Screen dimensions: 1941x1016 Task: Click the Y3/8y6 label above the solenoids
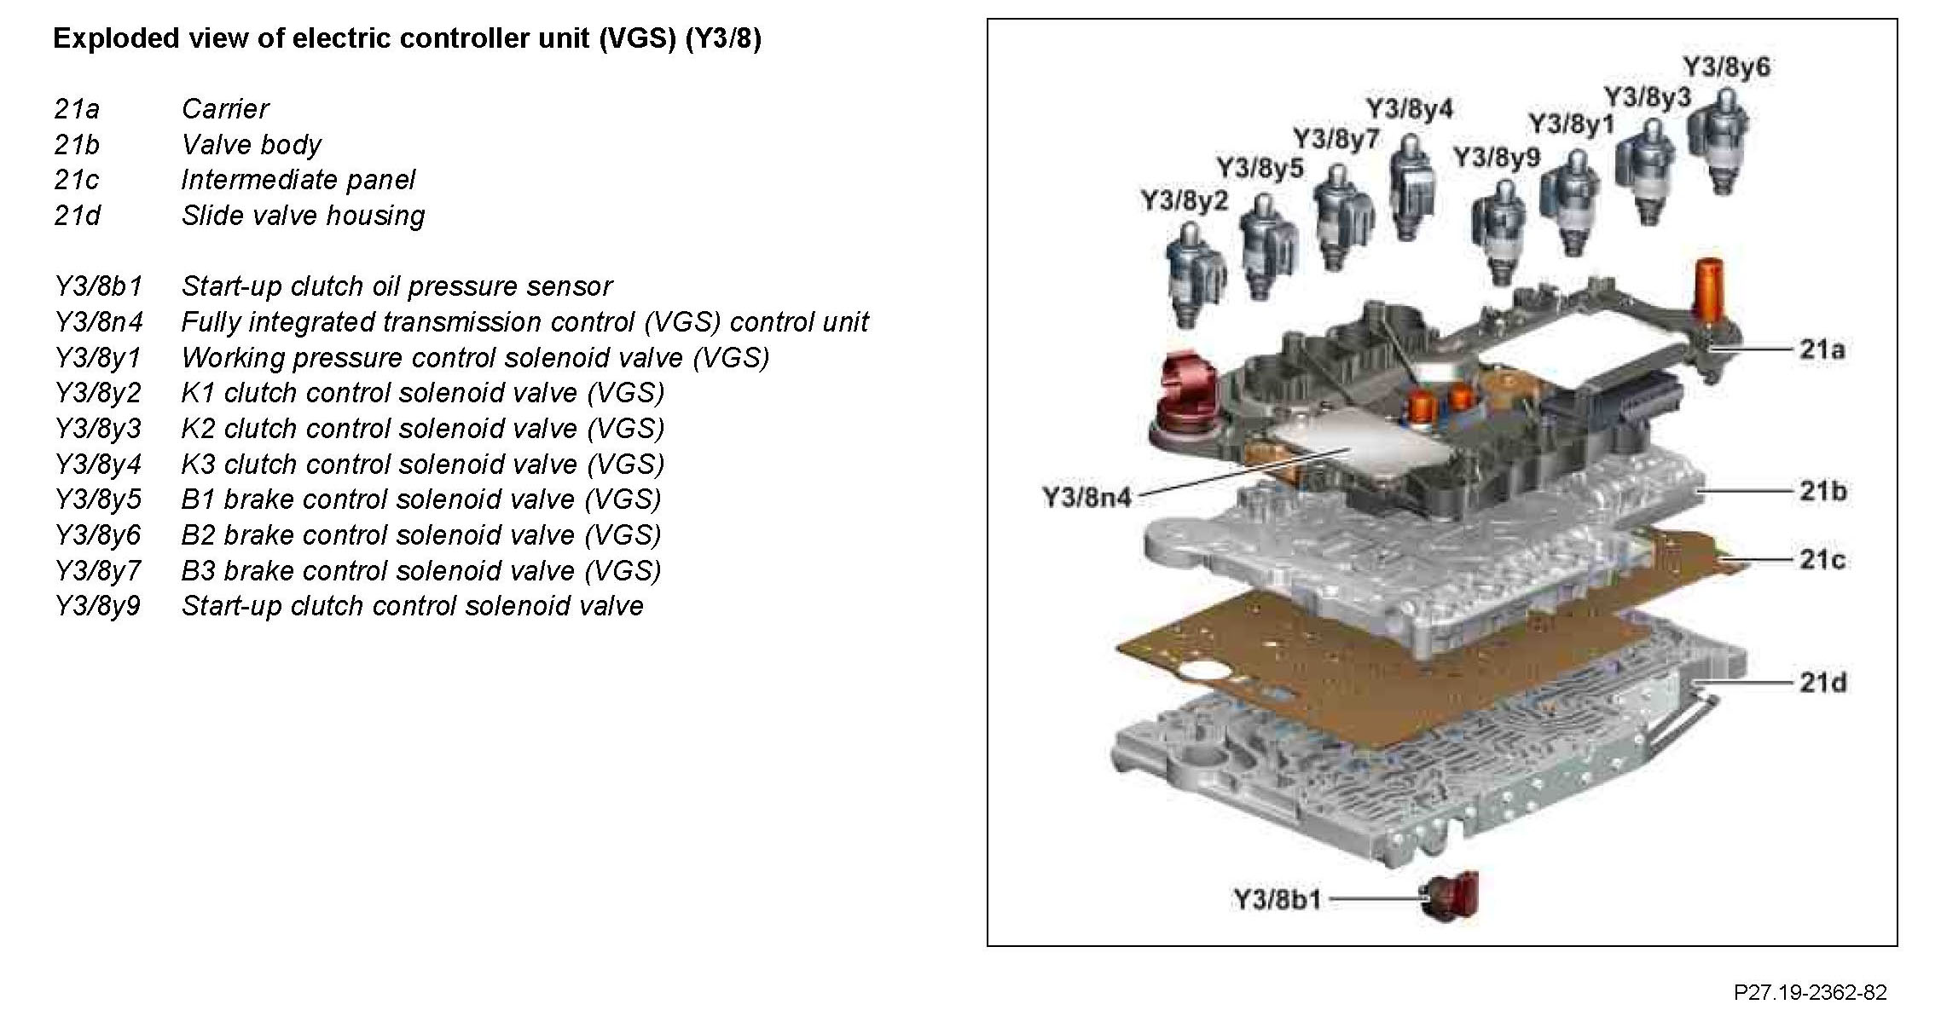[x=1725, y=67]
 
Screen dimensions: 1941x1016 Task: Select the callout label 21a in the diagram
[x=1822, y=349]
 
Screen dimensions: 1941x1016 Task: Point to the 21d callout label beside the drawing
[x=1822, y=683]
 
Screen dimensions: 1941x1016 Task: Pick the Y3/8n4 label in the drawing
[x=1086, y=497]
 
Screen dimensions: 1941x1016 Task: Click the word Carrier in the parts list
[x=224, y=109]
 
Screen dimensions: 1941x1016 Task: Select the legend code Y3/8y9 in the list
[x=97, y=606]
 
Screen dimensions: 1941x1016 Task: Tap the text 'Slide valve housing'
[x=303, y=216]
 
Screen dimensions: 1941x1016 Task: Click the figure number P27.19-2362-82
[x=1810, y=993]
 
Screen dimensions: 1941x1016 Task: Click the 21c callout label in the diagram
[x=1822, y=560]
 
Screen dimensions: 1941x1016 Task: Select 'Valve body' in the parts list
[x=251, y=145]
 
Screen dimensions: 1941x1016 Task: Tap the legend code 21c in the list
[x=76, y=180]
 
